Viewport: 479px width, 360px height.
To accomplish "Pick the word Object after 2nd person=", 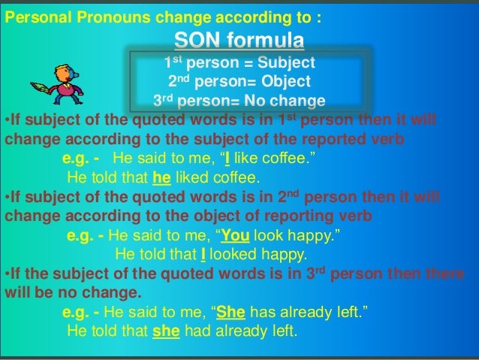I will pyautogui.click(x=285, y=82).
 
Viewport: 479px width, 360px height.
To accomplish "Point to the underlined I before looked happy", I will pyautogui.click(x=203, y=255).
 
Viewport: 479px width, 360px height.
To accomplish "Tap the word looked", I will pyautogui.click(x=233, y=255).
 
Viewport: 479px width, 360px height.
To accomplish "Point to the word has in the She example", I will pyautogui.click(x=264, y=313).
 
